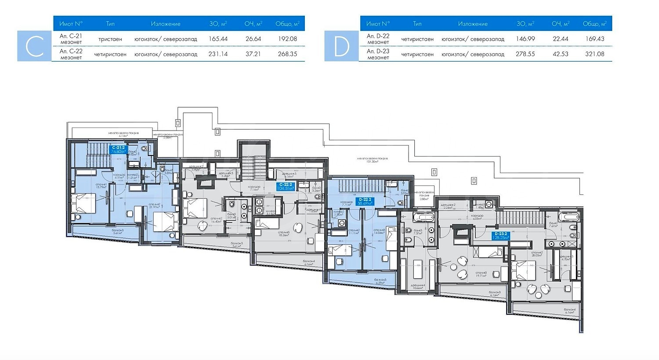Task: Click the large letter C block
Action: (x=35, y=46)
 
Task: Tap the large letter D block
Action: (x=341, y=46)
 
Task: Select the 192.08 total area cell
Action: (x=287, y=39)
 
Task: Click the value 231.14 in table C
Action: (x=218, y=54)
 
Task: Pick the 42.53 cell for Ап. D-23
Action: (x=560, y=54)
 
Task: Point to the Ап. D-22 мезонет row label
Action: (x=378, y=39)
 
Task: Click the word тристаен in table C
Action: (x=110, y=39)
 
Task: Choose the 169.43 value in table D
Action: (x=594, y=39)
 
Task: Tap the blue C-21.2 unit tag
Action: (x=119, y=149)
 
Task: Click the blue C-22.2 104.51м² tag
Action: (x=285, y=186)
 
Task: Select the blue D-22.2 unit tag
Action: (x=365, y=201)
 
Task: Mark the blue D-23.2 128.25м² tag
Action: (x=500, y=236)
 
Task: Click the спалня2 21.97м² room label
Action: (x=154, y=206)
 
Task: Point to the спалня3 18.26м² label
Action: (x=283, y=234)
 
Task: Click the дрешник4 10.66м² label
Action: (x=417, y=287)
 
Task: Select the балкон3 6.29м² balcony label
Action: (x=380, y=281)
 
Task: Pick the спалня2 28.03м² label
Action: (x=536, y=254)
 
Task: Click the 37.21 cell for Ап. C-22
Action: (x=253, y=54)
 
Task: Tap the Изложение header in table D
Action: (x=473, y=24)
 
